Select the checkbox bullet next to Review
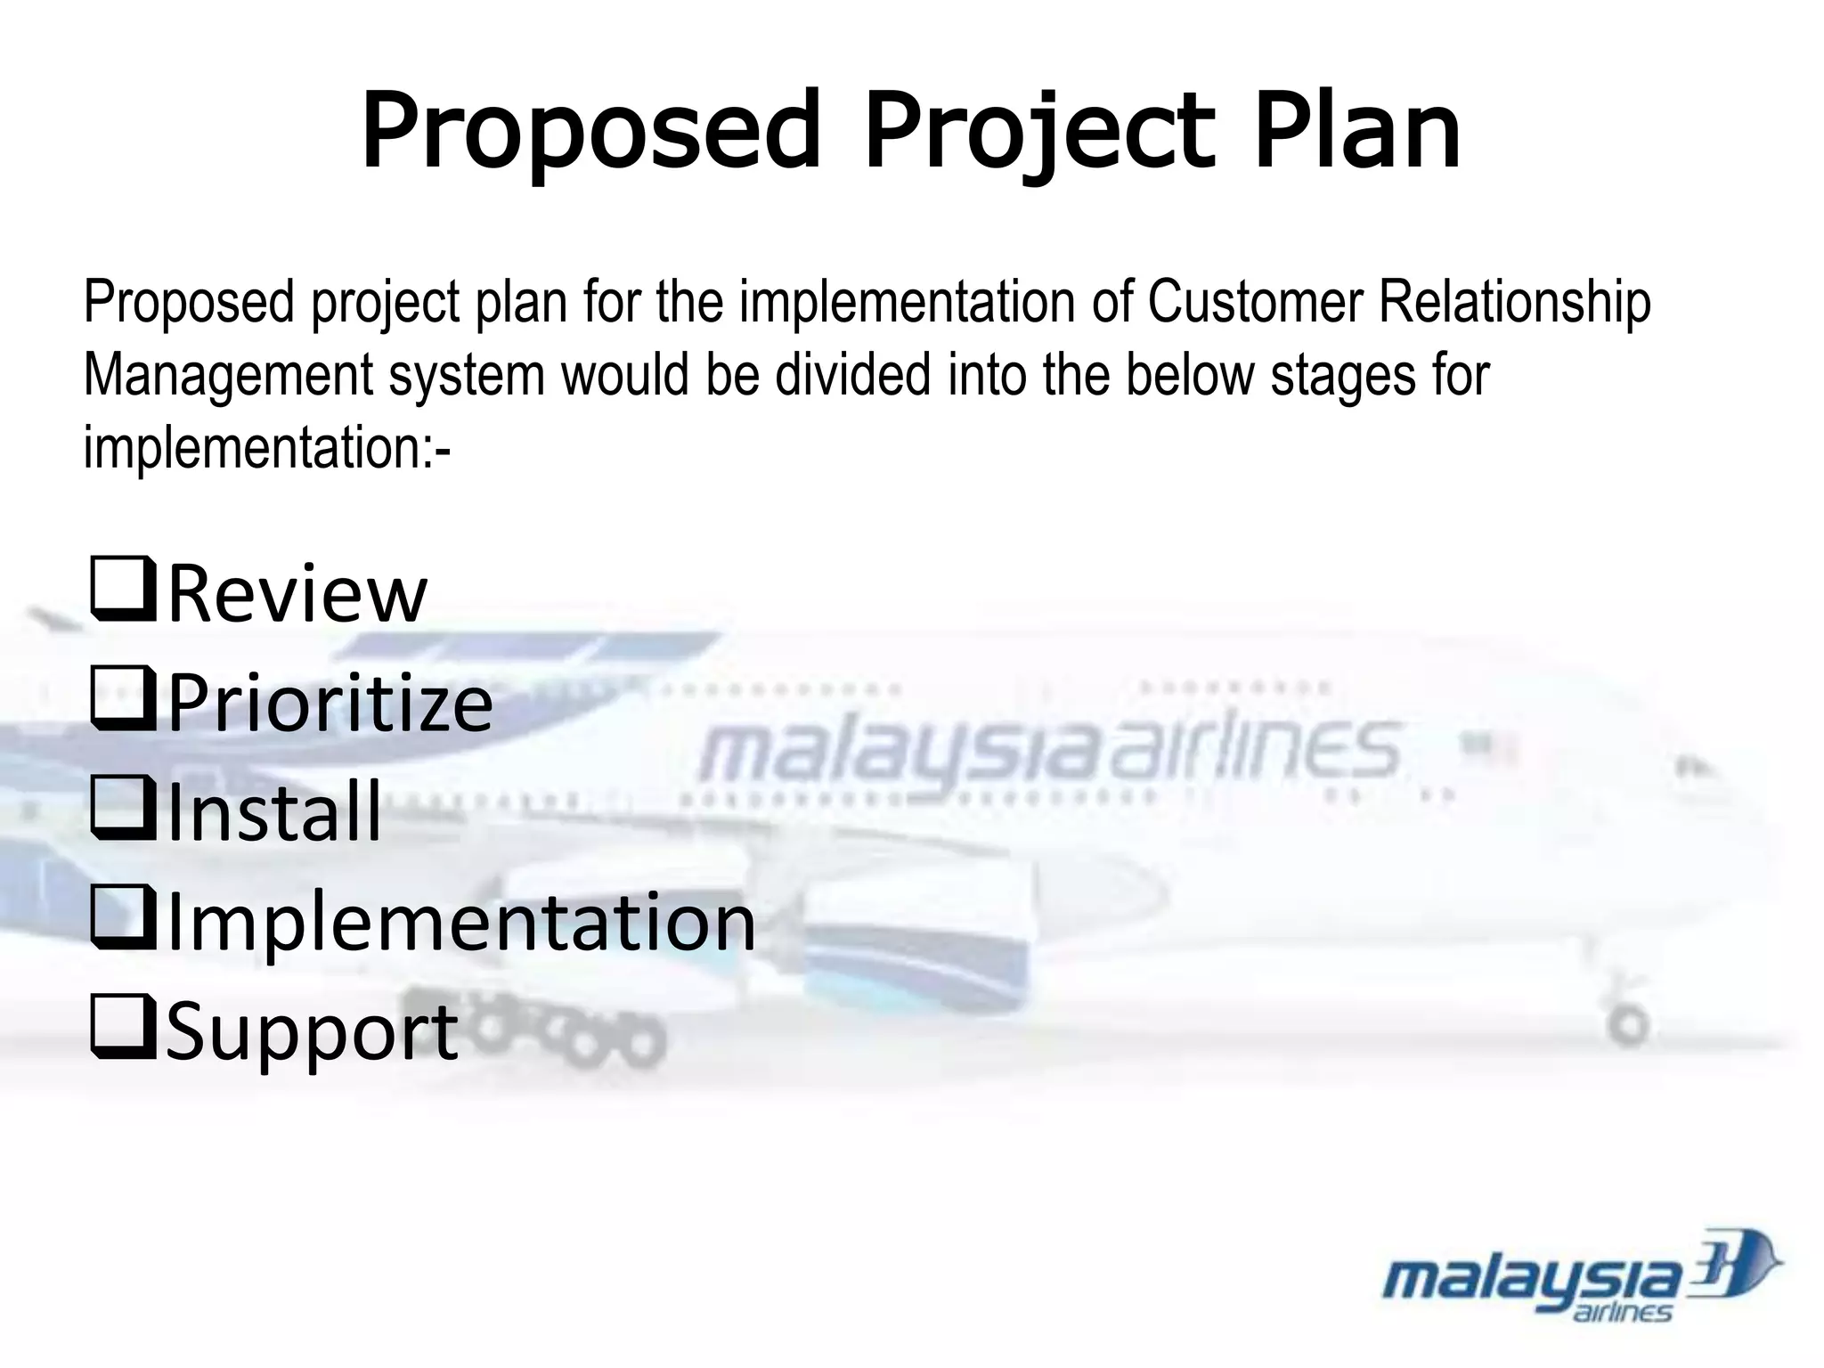point(123,589)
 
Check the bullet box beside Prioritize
point(123,699)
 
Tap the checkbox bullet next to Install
point(123,808)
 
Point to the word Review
point(297,594)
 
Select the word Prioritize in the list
point(330,704)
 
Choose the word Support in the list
point(312,1033)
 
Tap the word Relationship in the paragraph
point(1514,303)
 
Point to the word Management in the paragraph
point(227,376)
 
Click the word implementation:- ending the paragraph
point(267,447)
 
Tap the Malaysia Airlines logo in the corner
point(1580,1277)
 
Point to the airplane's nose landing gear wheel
point(1631,1024)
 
